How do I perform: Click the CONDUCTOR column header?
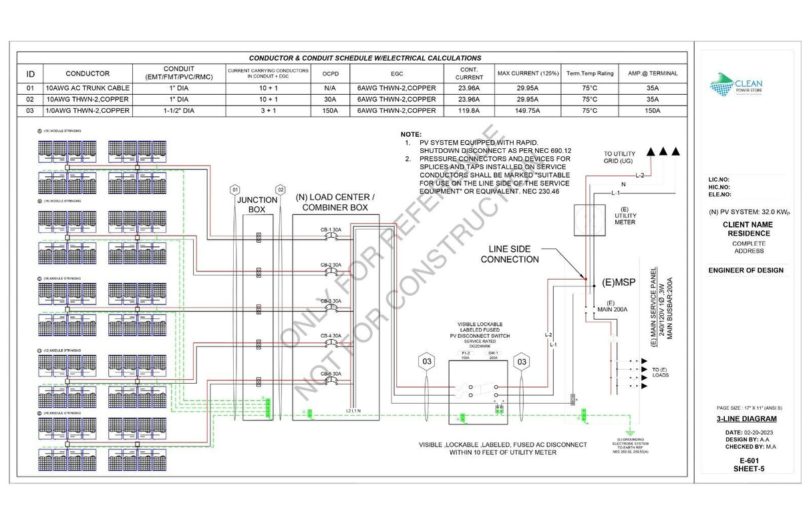coord(88,73)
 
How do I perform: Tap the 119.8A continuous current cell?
coord(469,110)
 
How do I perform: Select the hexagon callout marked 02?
coord(281,190)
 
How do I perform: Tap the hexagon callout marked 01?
coord(234,190)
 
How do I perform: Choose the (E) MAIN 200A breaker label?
coord(611,307)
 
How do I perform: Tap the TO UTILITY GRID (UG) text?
coord(620,158)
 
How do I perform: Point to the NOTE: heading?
coord(410,135)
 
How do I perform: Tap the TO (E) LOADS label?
coord(660,373)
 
